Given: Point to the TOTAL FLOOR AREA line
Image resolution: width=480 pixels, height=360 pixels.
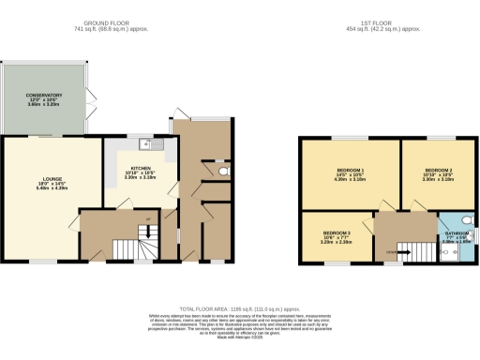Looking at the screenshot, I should [239, 307].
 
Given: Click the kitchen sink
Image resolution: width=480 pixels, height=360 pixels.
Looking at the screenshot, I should [145, 144].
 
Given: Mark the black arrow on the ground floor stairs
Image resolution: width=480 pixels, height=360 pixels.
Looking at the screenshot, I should [146, 221].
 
